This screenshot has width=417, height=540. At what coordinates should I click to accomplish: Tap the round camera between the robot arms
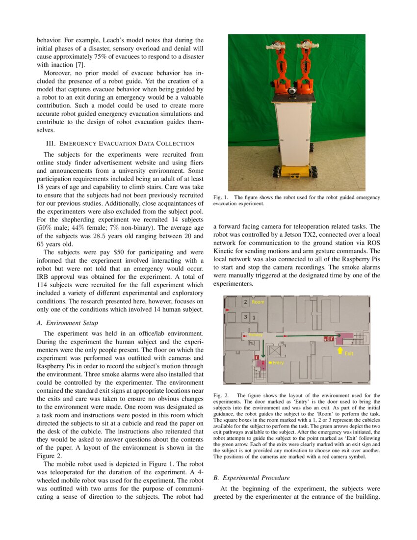(293, 91)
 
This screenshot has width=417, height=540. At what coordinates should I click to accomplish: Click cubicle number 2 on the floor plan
(246, 302)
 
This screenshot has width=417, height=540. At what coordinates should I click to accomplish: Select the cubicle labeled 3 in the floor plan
(246, 317)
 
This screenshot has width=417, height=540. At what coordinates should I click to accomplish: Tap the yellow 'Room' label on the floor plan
(258, 302)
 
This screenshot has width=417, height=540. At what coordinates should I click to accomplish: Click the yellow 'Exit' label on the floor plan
(349, 353)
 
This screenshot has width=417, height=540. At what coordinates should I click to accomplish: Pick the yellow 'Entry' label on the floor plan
(278, 362)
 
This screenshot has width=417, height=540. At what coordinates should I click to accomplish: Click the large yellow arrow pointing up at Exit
(340, 350)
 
